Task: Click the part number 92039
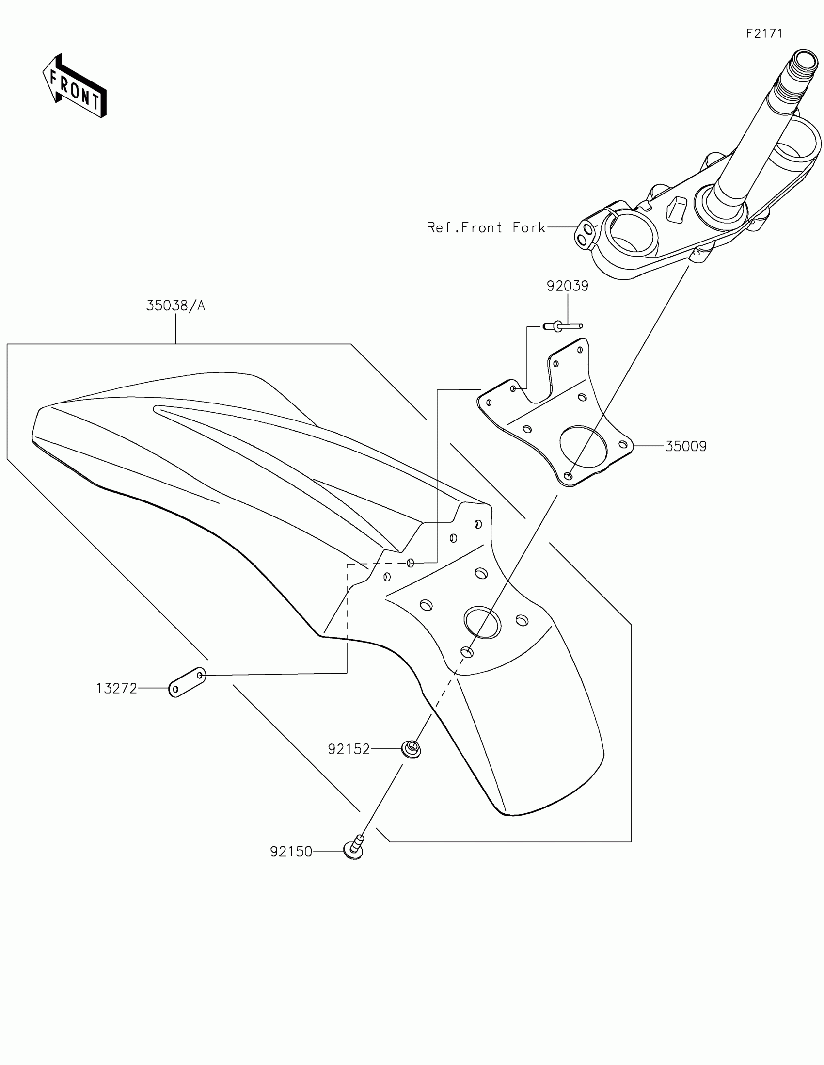pyautogui.click(x=567, y=286)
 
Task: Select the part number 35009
pyautogui.click(x=685, y=446)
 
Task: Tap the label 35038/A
pyautogui.click(x=175, y=306)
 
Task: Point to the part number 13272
pyautogui.click(x=116, y=689)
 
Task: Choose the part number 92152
pyautogui.click(x=349, y=749)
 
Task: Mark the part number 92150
pyautogui.click(x=291, y=852)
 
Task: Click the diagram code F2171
pyautogui.click(x=764, y=33)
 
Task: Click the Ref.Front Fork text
pyautogui.click(x=486, y=227)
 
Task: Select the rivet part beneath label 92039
pyautogui.click(x=563, y=326)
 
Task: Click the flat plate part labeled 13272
pyautogui.click(x=187, y=682)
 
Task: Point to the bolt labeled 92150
pyautogui.click(x=354, y=849)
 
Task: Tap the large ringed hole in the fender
pyautogui.click(x=482, y=623)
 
